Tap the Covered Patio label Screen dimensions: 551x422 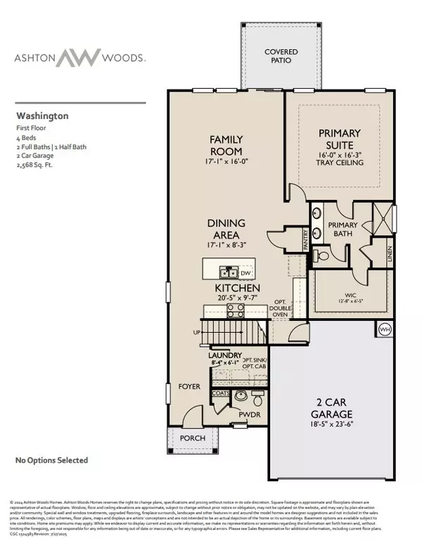pyautogui.click(x=261, y=57)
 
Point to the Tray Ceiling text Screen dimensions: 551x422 pyautogui.click(x=330, y=163)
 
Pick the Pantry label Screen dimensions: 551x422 pyautogui.click(x=306, y=240)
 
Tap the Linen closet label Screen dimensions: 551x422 pyautogui.click(x=389, y=249)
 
